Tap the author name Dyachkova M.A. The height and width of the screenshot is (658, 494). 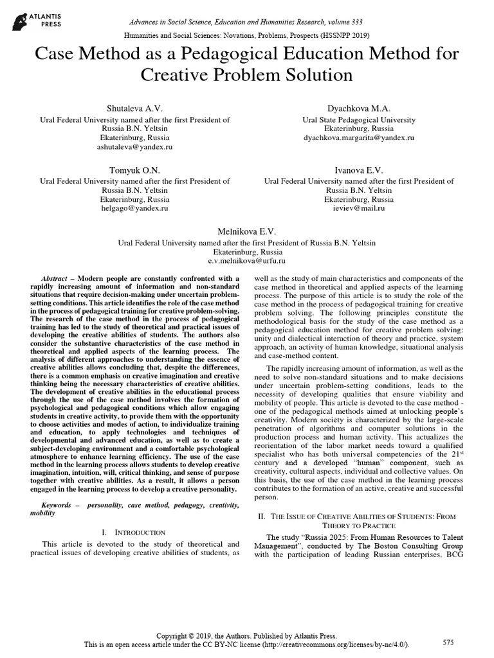(359, 108)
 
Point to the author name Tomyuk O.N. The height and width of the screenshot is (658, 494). (134, 170)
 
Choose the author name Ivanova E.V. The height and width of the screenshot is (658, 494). (359, 170)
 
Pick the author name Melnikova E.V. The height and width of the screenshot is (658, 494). (246, 231)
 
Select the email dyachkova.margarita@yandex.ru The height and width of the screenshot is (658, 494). (359, 138)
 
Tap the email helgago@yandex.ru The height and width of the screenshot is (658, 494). (134, 209)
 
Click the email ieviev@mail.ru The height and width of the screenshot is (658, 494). (359, 209)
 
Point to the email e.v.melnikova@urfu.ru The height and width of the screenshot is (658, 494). (246, 262)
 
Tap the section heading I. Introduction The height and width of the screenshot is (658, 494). (134, 532)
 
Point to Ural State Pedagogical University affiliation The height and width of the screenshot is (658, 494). (359, 120)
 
